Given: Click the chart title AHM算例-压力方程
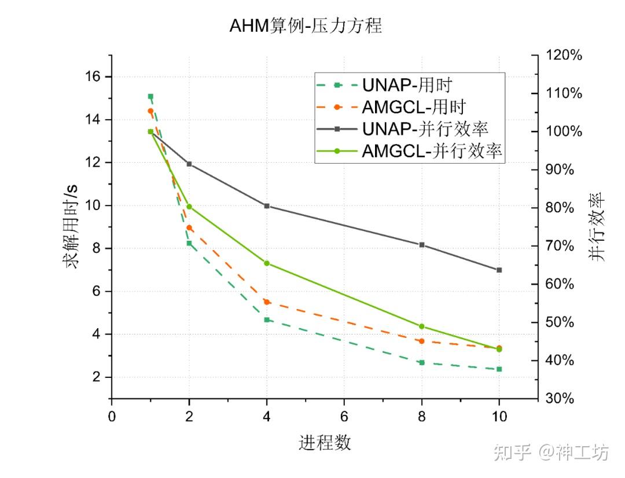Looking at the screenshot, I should coord(306,26).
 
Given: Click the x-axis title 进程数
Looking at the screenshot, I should coord(325,443).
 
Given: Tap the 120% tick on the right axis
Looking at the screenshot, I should coord(564,56).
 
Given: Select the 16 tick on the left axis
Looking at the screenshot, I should coord(93,77).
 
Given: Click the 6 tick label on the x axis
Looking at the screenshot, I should coord(344,417).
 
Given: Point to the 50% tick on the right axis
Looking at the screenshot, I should coord(564,322).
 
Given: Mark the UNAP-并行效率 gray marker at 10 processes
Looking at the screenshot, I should coord(499,270).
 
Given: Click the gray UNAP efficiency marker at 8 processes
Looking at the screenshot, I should coord(421,245).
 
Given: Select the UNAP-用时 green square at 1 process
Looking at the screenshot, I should coord(150,97).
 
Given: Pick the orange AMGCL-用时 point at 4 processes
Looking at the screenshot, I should coord(267,301).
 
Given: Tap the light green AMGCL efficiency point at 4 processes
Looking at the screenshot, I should coord(267,263).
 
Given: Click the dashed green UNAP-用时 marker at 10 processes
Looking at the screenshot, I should coord(499,369).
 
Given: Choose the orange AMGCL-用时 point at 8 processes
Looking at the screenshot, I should coord(421,341).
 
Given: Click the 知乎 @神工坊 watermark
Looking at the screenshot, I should coord(550,452).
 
